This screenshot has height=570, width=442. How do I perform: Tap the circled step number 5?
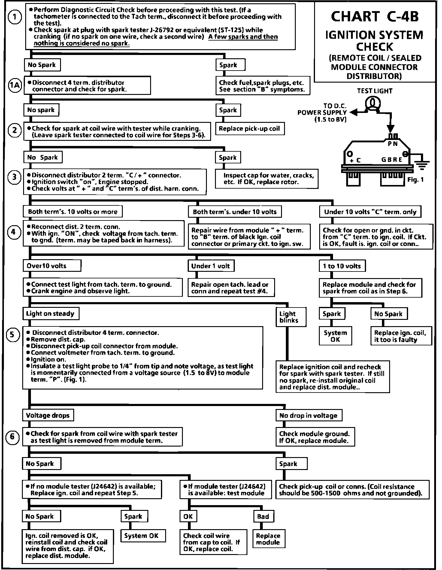[x=12, y=334]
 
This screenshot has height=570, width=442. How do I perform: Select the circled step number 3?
[x=14, y=177]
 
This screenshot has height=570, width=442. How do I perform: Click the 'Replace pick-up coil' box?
[x=249, y=129]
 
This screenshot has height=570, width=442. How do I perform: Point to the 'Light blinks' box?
[x=290, y=317]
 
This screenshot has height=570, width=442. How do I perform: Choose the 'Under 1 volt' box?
[x=211, y=266]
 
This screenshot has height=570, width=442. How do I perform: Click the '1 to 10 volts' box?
[x=342, y=266]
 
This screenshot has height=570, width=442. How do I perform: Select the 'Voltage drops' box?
[x=48, y=415]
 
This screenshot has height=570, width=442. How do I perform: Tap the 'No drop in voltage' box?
[x=308, y=415]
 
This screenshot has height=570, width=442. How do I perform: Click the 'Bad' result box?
[x=263, y=516]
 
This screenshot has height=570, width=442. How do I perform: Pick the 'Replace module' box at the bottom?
[x=268, y=539]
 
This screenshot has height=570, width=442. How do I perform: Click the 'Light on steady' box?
[x=50, y=314]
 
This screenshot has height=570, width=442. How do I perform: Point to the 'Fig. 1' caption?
[x=416, y=180]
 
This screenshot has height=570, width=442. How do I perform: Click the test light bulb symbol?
[x=372, y=103]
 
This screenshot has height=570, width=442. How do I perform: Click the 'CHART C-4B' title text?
[x=374, y=17]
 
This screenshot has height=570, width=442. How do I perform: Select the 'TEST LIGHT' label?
[x=374, y=91]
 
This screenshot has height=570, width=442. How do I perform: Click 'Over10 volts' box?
[x=52, y=266]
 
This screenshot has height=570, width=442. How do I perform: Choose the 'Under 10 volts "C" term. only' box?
[x=370, y=212]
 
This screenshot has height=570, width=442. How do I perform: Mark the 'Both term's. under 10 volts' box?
[x=235, y=212]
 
